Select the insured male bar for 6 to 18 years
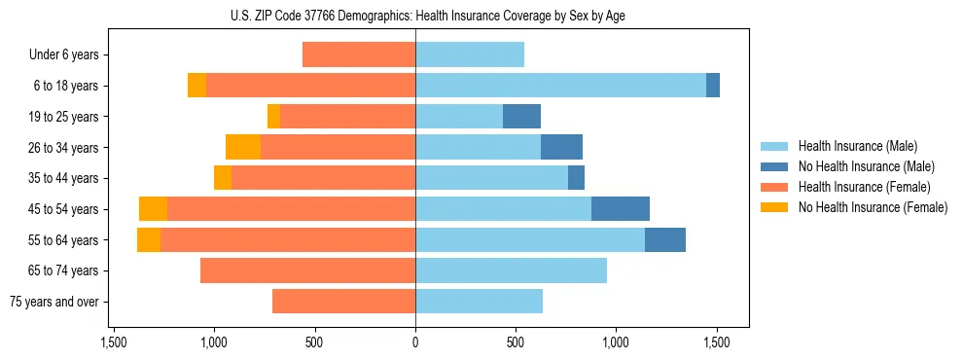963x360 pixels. click(560, 86)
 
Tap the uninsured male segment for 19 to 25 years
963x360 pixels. click(521, 117)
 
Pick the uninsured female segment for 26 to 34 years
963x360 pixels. click(243, 147)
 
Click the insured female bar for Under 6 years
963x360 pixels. click(359, 54)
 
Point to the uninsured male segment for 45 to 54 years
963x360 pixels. click(621, 209)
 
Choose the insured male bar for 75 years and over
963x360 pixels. click(479, 302)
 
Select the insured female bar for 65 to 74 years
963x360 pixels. click(307, 270)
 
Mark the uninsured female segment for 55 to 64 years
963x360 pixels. click(149, 240)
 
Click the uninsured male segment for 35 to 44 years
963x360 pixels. click(576, 178)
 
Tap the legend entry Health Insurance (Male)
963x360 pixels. click(857, 146)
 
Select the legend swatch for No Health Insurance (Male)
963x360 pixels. click(774, 166)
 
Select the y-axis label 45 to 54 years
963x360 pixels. click(65, 209)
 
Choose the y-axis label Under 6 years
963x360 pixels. click(64, 55)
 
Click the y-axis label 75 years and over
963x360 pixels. click(56, 302)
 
